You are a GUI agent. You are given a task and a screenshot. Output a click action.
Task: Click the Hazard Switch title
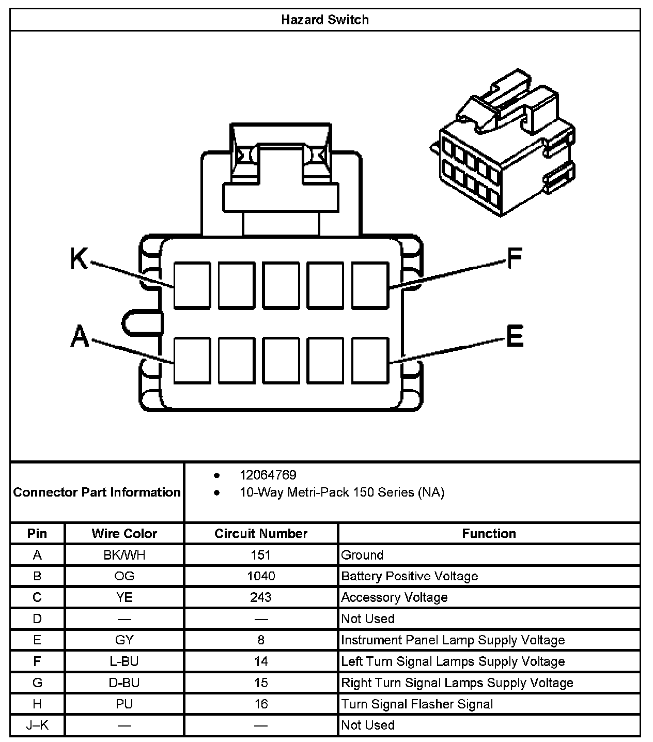point(325,20)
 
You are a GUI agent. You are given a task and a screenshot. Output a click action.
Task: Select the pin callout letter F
point(515,258)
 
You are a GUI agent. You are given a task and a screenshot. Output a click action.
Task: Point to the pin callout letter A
point(80,336)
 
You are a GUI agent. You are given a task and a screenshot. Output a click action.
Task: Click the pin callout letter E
point(515,336)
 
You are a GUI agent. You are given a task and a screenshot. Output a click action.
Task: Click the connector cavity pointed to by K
point(192,285)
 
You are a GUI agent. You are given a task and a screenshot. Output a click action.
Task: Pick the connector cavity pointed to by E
point(370,361)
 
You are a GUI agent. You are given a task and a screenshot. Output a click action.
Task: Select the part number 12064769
point(268,475)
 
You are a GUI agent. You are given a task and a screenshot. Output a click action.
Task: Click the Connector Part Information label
point(97,492)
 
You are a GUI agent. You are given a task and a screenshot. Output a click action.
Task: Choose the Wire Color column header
point(125,533)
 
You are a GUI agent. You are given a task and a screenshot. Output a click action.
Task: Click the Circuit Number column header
point(261,533)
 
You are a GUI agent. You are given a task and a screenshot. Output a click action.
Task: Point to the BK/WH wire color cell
point(125,555)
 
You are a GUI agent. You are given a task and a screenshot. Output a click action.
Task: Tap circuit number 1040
point(261,576)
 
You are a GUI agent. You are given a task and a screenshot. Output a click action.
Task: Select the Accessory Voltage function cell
point(394,597)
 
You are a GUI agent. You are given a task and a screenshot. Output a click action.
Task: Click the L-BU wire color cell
point(125,661)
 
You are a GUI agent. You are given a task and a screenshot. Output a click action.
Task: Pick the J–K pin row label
point(37,725)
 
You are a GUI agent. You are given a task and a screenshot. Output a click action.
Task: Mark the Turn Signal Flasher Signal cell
point(417,704)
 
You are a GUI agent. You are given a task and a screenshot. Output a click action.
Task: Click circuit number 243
point(261,597)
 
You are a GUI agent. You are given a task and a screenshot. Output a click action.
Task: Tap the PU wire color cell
point(125,704)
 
